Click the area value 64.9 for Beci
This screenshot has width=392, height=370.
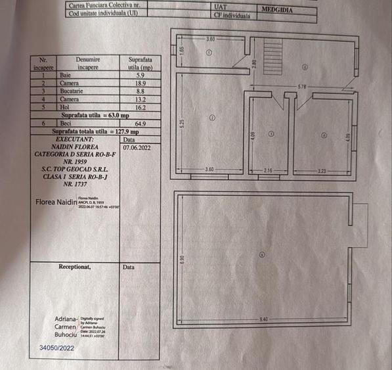pos(139,123)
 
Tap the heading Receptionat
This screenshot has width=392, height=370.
pos(74,267)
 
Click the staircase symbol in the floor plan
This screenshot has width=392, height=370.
pos(273,55)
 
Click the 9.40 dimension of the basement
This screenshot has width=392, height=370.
pos(264,319)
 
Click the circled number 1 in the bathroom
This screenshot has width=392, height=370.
pos(209,53)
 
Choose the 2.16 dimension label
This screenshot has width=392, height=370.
pos(267,170)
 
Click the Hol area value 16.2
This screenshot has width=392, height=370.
pos(139,106)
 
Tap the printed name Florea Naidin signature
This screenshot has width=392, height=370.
pos(56,202)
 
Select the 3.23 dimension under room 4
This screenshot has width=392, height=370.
pos(321,170)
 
